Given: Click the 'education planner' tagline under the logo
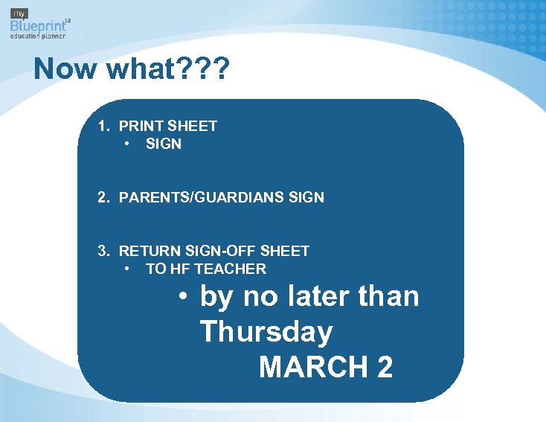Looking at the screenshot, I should (38, 36).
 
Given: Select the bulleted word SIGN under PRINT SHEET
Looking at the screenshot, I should (164, 144).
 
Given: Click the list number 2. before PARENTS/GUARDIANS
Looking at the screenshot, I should (104, 197).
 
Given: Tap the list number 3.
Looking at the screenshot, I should (104, 251).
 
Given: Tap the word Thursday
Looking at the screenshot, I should (266, 332).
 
